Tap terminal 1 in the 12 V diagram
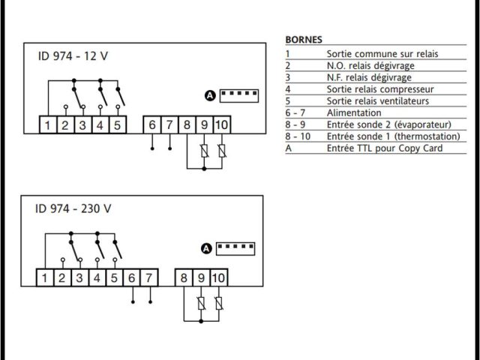pos(47,124)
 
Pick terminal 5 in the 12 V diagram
pos(117,124)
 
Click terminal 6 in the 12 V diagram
pos(152,124)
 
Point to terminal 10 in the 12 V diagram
pos(221,124)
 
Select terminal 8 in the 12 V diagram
pos(187,124)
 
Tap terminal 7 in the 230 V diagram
pos(149,278)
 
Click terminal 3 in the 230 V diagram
pos(79,278)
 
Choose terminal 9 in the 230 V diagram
pos(201,278)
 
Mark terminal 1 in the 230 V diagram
pos(45,278)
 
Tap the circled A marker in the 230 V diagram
pos(206,249)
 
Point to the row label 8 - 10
pos(296,136)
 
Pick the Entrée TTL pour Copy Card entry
pos(385,148)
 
